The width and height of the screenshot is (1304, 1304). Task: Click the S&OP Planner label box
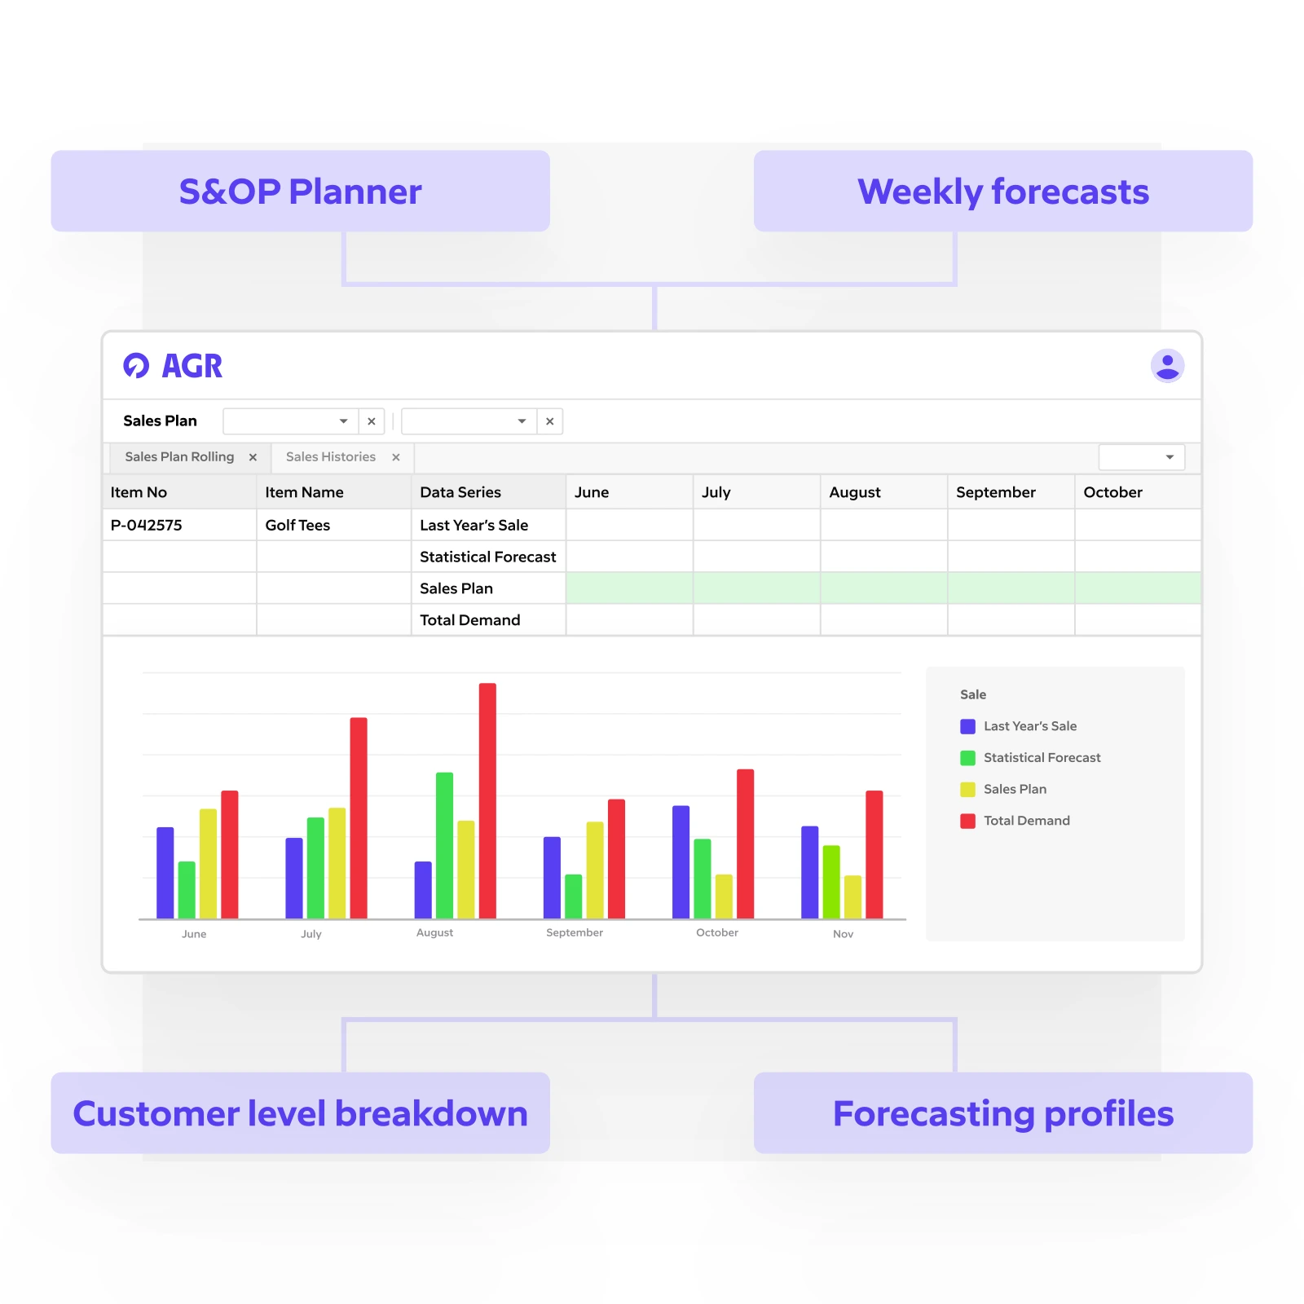point(300,191)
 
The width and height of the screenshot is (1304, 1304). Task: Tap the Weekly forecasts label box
point(1002,191)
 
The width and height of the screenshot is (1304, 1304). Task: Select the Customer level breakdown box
point(300,1112)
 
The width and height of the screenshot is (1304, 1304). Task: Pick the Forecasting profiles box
point(1002,1112)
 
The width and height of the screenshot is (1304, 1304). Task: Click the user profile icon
point(1167,365)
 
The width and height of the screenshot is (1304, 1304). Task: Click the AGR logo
point(173,366)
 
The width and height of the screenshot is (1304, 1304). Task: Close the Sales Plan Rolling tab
point(253,457)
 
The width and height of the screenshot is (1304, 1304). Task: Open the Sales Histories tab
point(331,457)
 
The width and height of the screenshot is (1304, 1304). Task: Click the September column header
point(995,492)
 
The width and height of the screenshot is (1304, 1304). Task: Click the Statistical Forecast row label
point(487,557)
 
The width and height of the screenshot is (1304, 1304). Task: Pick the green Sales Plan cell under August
point(883,588)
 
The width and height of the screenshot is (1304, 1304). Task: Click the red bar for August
point(487,800)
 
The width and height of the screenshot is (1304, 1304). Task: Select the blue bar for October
point(681,861)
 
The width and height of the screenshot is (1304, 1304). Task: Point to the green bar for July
point(315,867)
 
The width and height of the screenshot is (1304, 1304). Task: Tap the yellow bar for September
point(595,870)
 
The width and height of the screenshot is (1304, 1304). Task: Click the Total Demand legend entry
point(1025,821)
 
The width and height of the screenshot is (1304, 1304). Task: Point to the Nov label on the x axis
point(843,934)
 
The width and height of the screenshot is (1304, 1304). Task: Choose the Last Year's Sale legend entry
point(1029,726)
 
